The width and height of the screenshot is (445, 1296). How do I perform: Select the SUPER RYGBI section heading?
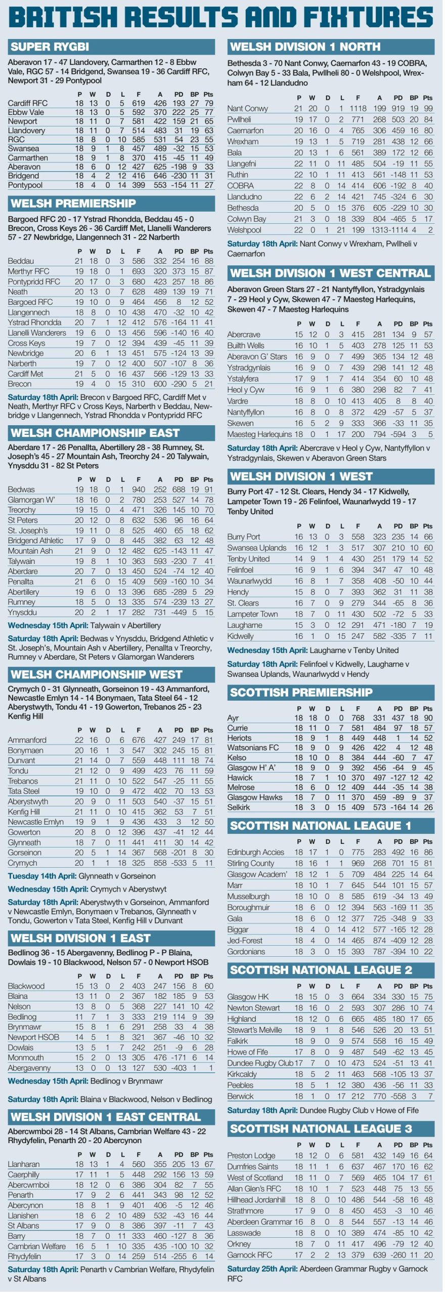pyautogui.click(x=50, y=47)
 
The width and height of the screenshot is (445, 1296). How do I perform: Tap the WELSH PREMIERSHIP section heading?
pyautogui.click(x=73, y=204)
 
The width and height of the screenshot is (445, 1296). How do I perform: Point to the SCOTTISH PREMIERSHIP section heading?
pyautogui.click(x=301, y=692)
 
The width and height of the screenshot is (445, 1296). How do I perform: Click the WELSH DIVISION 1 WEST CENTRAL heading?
pyautogui.click(x=330, y=273)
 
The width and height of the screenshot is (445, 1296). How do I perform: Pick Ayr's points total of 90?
pyautogui.click(x=428, y=718)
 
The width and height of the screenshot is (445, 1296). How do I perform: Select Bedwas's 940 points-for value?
pyautogui.click(x=138, y=490)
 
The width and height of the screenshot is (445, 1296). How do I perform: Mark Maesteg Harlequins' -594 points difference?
pyautogui.click(x=398, y=434)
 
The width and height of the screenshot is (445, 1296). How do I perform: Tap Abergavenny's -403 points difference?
pyautogui.click(x=179, y=1068)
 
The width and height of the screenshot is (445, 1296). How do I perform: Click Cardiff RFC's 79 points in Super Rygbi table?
pyautogui.click(x=208, y=103)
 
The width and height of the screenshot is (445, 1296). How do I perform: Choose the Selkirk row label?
pyautogui.click(x=239, y=807)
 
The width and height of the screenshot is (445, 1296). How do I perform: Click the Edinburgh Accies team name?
pyautogui.click(x=255, y=852)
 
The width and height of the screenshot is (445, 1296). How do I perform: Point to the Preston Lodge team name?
pyautogui.click(x=251, y=1155)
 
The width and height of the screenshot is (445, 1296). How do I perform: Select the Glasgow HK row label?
pyautogui.click(x=248, y=997)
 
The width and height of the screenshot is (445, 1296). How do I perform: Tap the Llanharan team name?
pyautogui.click(x=23, y=1164)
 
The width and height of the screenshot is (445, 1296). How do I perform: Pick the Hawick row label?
pyautogui.click(x=240, y=777)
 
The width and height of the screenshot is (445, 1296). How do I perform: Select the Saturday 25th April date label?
pyautogui.click(x=262, y=1269)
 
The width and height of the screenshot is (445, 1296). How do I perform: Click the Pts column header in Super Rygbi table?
pyautogui.click(x=208, y=94)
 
